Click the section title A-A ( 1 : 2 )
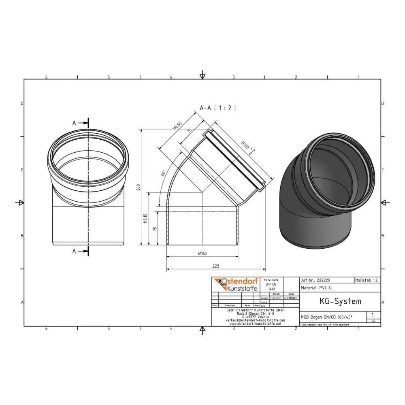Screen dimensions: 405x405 click(217, 108)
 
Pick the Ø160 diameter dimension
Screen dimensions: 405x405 click(202, 254)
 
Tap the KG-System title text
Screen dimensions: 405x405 click(335, 301)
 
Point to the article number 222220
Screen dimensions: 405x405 click(324, 280)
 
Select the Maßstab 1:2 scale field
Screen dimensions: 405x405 click(367, 280)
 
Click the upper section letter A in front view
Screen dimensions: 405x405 click(74, 123)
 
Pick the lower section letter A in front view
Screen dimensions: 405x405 click(74, 251)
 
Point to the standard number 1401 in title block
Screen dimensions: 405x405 click(271, 289)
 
